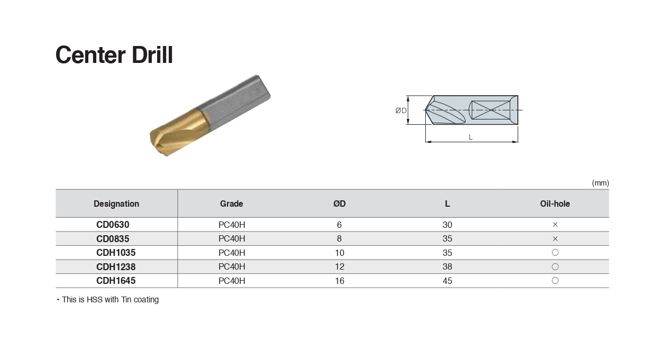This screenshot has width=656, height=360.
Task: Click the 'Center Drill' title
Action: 114,55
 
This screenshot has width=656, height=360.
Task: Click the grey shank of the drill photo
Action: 236,100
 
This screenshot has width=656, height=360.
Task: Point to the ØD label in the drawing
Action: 401,110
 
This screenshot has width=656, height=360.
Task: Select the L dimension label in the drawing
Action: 471,137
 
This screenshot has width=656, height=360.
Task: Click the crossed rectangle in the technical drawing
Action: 490,110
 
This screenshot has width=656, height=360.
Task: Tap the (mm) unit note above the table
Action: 600,183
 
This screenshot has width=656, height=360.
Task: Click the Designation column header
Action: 116,204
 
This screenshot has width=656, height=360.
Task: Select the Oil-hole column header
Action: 555,204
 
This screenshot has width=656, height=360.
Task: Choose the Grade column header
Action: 231,204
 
